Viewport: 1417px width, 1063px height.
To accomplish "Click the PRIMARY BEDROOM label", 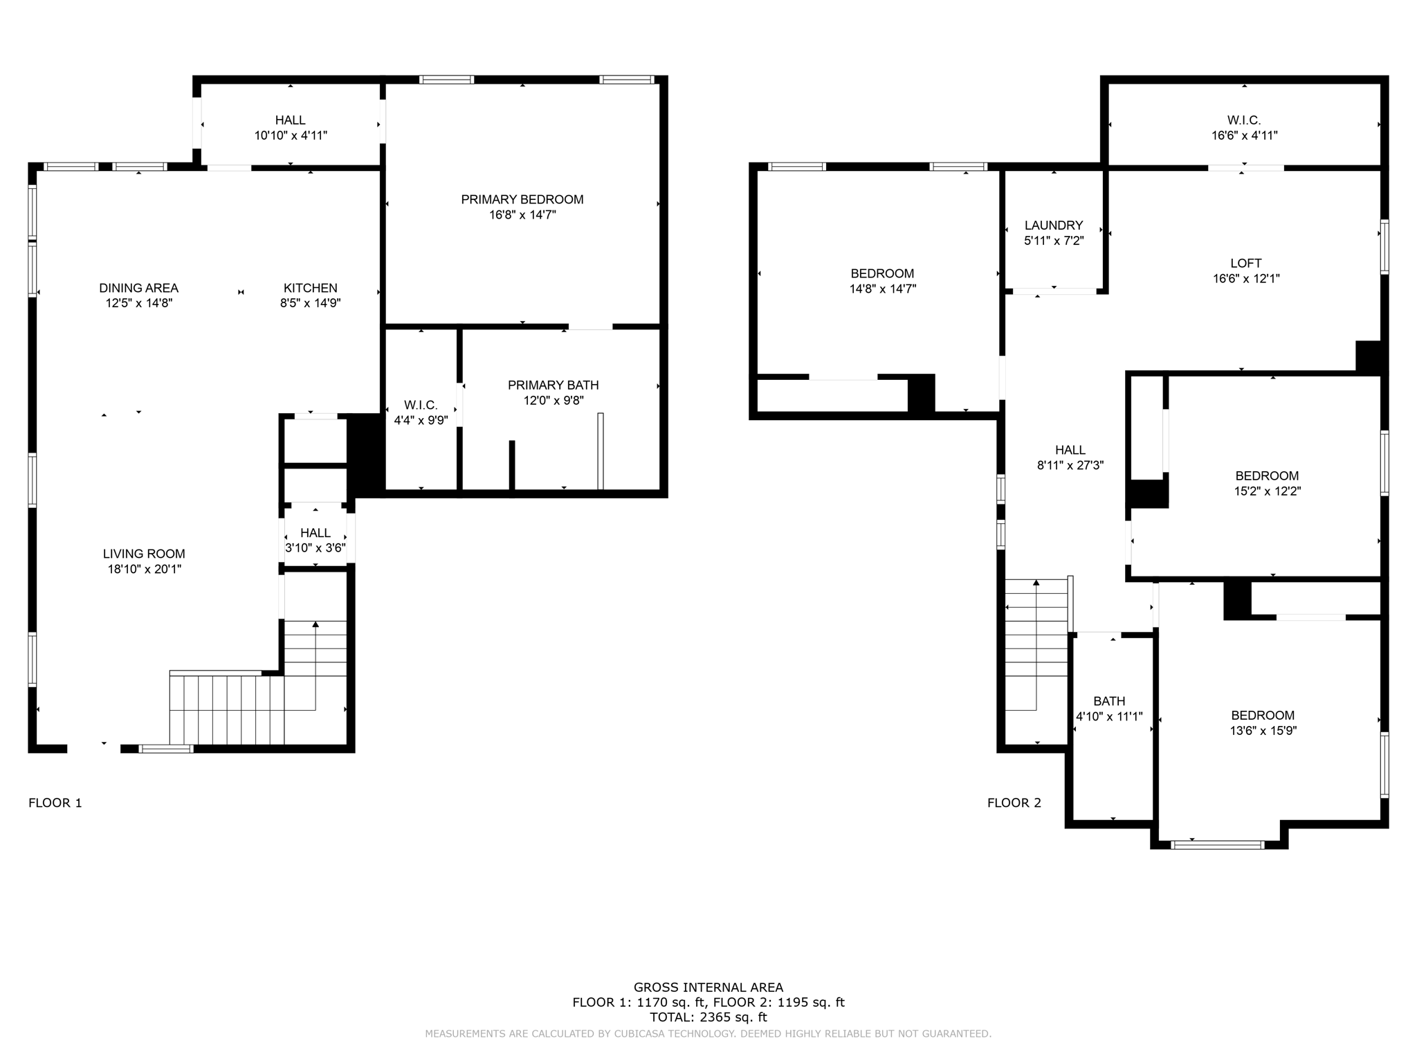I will coord(522,199).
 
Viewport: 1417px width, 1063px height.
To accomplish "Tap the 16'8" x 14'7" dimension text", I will coord(522,215).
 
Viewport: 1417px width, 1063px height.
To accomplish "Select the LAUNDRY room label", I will coord(1053,225).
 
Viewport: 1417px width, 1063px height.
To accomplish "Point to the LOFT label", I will coord(1245,263).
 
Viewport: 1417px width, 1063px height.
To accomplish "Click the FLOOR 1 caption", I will coord(55,803).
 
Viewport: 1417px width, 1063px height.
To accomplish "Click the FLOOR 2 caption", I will coord(1014,803).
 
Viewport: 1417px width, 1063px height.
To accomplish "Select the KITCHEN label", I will coord(310,288).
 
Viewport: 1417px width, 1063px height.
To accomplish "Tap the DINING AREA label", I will coord(138,288).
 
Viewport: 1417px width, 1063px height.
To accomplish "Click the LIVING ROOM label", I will coord(144,554).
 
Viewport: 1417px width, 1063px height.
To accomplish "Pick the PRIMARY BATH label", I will coord(553,385).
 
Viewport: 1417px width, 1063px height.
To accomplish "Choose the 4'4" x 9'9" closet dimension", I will coord(421,420).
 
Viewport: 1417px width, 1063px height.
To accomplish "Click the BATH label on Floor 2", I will coord(1109,701).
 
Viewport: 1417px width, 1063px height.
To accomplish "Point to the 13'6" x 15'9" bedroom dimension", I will coord(1263,731).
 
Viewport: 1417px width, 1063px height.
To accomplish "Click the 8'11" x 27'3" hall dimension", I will coord(1070,466).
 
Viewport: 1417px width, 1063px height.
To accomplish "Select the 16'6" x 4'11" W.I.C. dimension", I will coord(1244,136).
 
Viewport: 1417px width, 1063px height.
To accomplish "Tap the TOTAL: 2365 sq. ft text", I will coord(708,1017).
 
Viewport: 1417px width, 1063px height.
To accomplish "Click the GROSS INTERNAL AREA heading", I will coord(708,988).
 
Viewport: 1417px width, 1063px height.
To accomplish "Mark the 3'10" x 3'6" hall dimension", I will coord(316,548).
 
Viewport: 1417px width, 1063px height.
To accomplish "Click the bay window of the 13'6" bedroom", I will coord(1218,844).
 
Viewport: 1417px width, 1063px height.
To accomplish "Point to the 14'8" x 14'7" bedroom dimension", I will coord(882,289).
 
